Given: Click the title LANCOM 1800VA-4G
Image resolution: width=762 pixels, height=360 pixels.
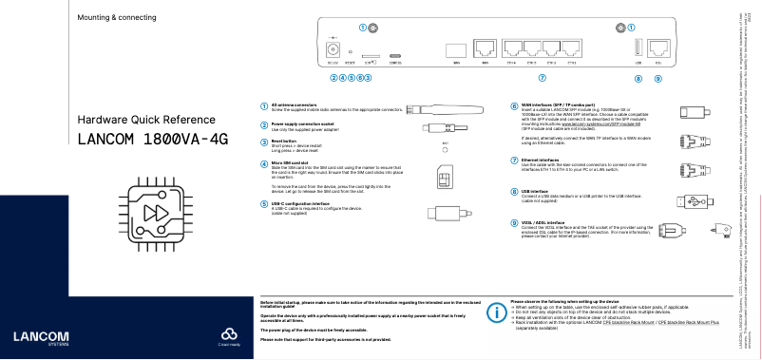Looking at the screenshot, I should pos(153,140).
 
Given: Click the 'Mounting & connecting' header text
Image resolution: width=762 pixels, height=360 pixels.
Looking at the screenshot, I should pos(117,18).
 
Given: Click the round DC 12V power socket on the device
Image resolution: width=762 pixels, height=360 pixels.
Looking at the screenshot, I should pos(333,47).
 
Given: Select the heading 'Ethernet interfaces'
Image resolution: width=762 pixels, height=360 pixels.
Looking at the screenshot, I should pos(540,160).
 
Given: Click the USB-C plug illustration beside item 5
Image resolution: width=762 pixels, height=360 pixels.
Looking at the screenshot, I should pos(443,213).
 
